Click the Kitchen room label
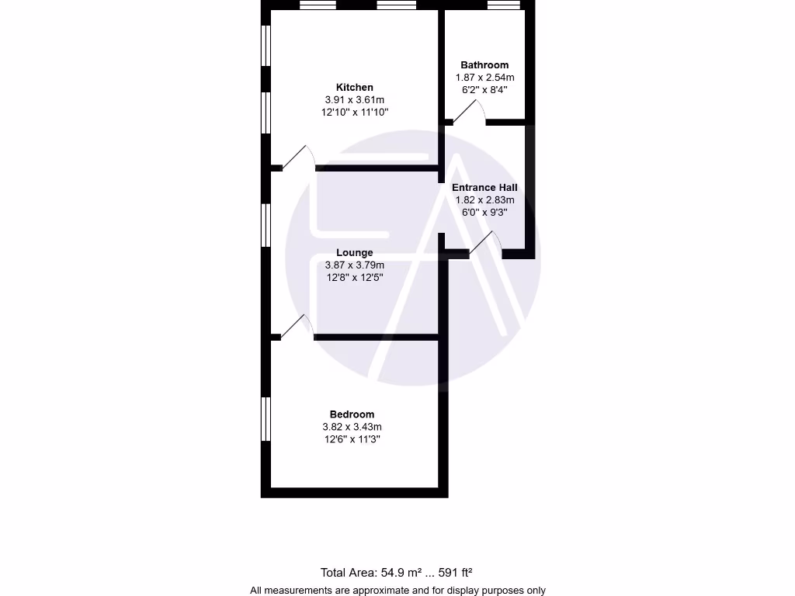(354, 87)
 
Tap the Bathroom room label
(484, 65)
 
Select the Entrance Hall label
(484, 187)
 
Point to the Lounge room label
(354, 252)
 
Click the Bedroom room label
(352, 414)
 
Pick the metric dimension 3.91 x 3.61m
(354, 100)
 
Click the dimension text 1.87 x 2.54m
(484, 78)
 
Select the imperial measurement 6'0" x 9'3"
(484, 213)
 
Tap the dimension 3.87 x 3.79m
(354, 265)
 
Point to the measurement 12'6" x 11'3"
(352, 439)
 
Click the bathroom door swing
(469, 113)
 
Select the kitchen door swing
(297, 158)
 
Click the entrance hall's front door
(486, 244)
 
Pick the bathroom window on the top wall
(504, 5)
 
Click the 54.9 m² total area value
(401, 573)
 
